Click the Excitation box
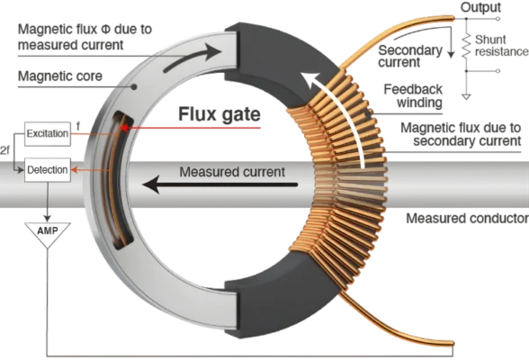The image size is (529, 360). [48, 134]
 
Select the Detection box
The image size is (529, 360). [48, 170]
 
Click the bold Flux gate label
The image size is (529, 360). [220, 114]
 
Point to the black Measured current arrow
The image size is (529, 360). [220, 184]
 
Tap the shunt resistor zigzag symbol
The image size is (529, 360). [466, 47]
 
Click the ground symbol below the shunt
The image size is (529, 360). [466, 97]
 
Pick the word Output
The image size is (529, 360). [480, 7]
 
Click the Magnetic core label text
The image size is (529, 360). [60, 76]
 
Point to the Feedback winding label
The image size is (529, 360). [413, 95]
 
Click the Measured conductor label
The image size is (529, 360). [467, 219]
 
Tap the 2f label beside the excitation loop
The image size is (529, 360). [4, 150]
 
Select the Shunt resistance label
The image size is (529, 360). [501, 46]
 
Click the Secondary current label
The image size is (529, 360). [410, 57]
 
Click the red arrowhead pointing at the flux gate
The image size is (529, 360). [124, 128]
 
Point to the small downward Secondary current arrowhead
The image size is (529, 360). [451, 54]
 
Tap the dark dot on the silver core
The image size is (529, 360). [134, 86]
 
